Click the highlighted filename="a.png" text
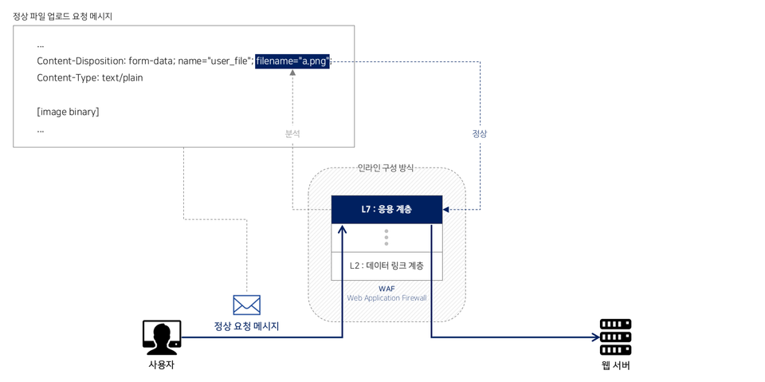click(x=292, y=61)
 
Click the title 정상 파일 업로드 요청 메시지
click(x=62, y=16)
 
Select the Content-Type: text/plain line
click(x=89, y=78)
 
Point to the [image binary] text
click(x=68, y=112)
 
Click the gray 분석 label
click(x=292, y=134)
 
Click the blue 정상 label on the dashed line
click(x=479, y=134)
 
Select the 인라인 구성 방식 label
click(x=386, y=167)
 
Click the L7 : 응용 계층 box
click(x=386, y=209)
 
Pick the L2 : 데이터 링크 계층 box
click(x=386, y=266)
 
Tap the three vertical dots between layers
click(x=386, y=238)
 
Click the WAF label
click(x=386, y=289)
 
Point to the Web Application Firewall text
click(x=386, y=298)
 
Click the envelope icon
click(x=246, y=305)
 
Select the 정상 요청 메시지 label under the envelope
click(x=246, y=326)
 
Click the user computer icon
click(x=162, y=337)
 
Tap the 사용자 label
click(x=161, y=364)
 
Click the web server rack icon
click(x=615, y=337)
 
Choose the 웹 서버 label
click(x=615, y=365)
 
